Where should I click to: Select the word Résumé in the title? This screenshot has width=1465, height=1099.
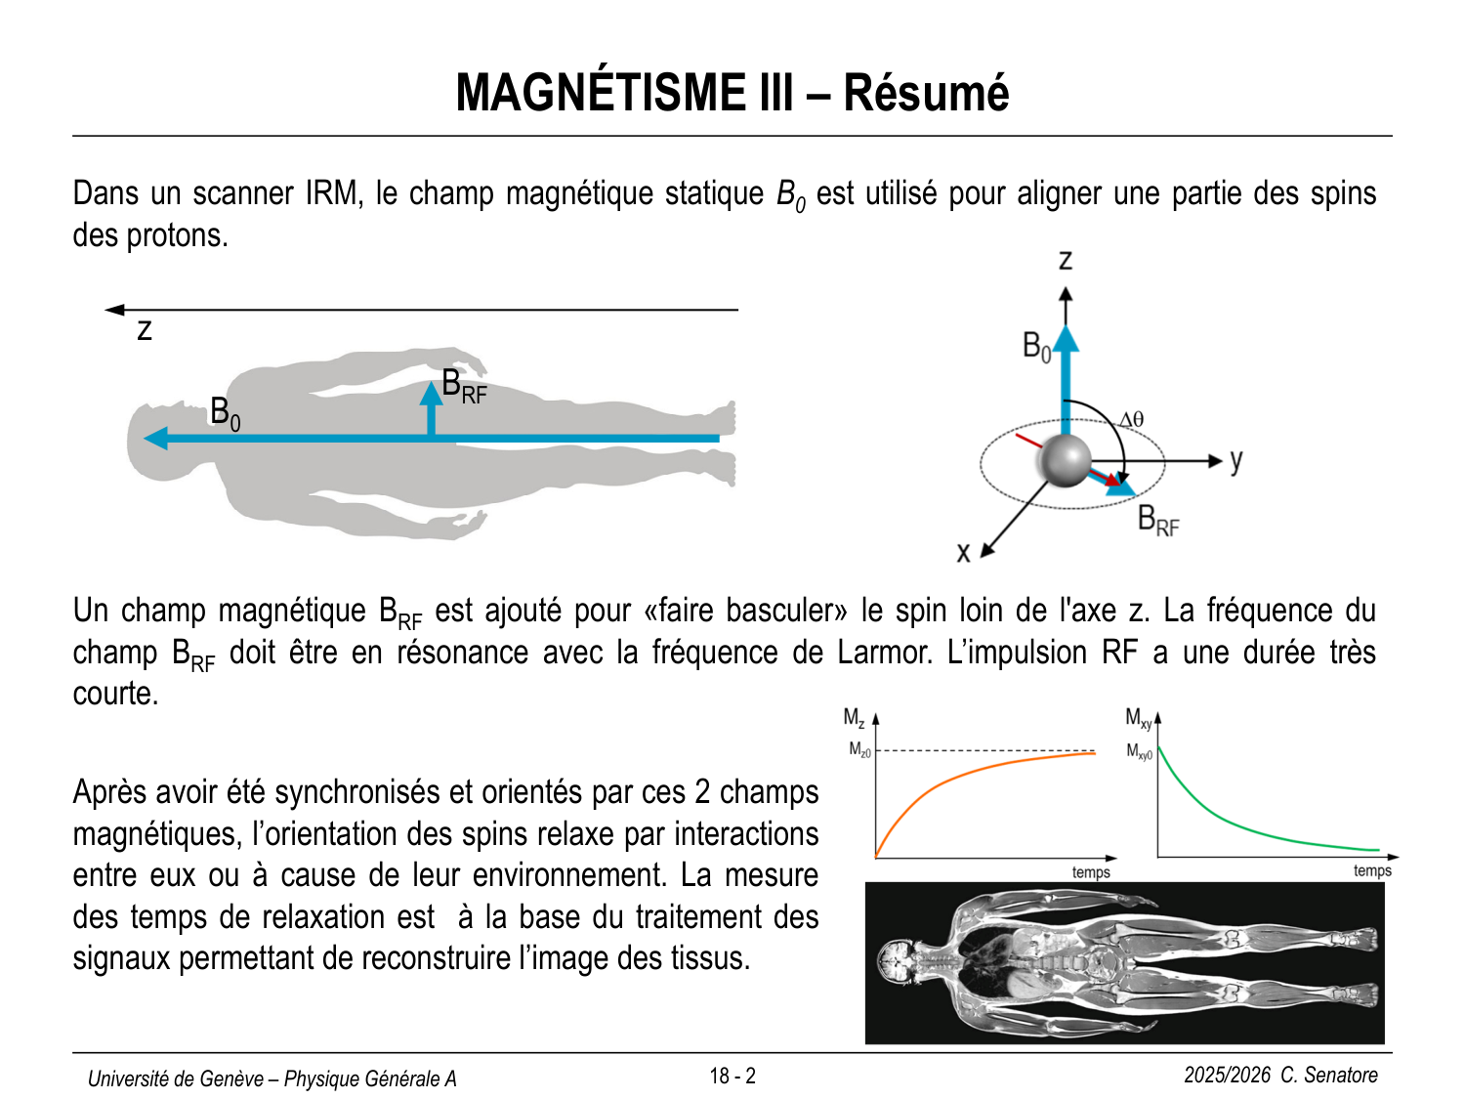pos(925,93)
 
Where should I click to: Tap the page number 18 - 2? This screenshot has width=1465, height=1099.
pos(732,1076)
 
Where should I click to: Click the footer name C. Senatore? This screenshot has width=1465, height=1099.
pos(1329,1075)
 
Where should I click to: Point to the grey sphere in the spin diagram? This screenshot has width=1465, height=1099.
pos(1065,459)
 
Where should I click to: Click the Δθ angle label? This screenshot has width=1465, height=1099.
pos(1131,420)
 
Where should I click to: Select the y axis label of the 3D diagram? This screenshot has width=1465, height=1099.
pos(1236,460)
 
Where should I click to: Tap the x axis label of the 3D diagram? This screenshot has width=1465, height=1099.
pos(963,553)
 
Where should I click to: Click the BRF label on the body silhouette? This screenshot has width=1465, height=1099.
pos(463,386)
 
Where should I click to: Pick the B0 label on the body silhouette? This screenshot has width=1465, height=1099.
pos(225,413)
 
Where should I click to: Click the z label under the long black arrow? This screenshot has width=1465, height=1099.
pos(145,329)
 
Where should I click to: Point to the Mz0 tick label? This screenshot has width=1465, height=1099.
pos(858,750)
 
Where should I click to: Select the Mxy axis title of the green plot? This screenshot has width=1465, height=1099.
pos(1139,719)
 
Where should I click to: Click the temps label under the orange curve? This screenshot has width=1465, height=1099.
pos(1091,872)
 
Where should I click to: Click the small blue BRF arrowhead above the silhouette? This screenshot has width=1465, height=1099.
pos(431,394)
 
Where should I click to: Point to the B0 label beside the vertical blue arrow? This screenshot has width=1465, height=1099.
pos(1036,346)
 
